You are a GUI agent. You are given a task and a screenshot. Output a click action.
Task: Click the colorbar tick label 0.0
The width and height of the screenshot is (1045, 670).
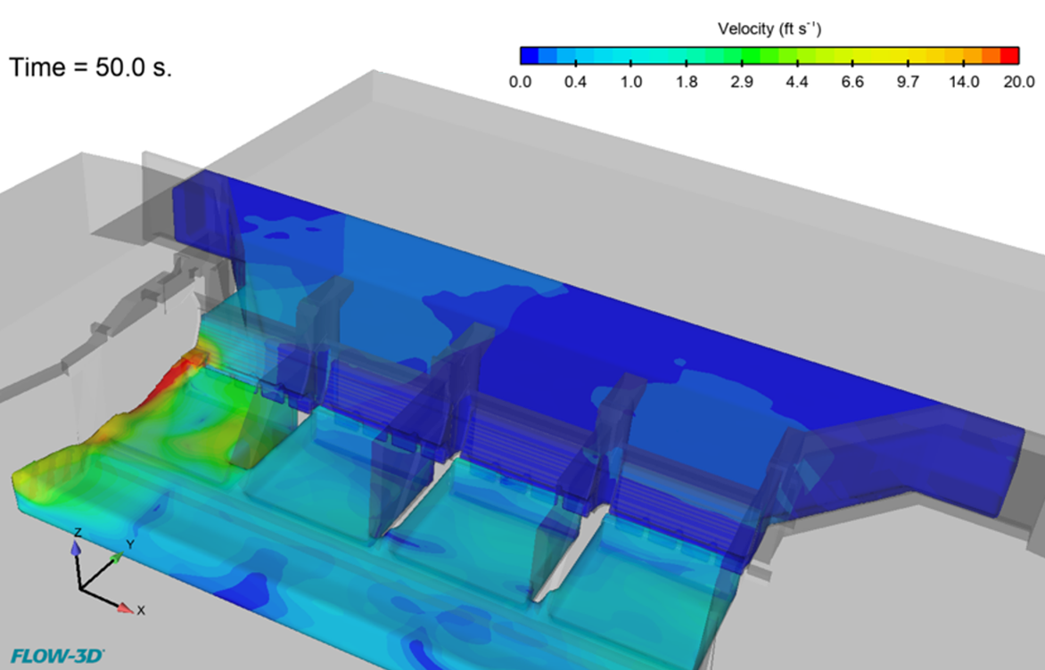pyautogui.click(x=520, y=82)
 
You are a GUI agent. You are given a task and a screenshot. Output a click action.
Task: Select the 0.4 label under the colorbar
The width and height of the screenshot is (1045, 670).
pyautogui.click(x=575, y=82)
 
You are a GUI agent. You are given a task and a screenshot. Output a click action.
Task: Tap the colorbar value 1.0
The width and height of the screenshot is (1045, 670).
pyautogui.click(x=631, y=82)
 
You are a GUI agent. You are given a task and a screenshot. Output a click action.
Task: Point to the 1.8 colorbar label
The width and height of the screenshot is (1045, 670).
pyautogui.click(x=687, y=82)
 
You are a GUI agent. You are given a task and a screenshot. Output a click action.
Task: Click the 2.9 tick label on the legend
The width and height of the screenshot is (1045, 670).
pyautogui.click(x=742, y=82)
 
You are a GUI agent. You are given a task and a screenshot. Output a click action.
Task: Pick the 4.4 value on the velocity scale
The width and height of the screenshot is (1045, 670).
pyautogui.click(x=797, y=82)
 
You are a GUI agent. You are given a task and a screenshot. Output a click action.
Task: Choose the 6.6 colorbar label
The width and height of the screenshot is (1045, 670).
pyautogui.click(x=852, y=82)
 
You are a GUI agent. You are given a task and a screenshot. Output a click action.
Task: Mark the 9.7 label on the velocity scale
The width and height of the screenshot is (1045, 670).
pyautogui.click(x=908, y=82)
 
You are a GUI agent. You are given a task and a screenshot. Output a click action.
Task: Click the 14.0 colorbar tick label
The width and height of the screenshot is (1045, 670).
pyautogui.click(x=964, y=82)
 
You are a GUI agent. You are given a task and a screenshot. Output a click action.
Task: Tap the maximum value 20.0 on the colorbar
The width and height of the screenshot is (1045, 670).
pyautogui.click(x=1019, y=82)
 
